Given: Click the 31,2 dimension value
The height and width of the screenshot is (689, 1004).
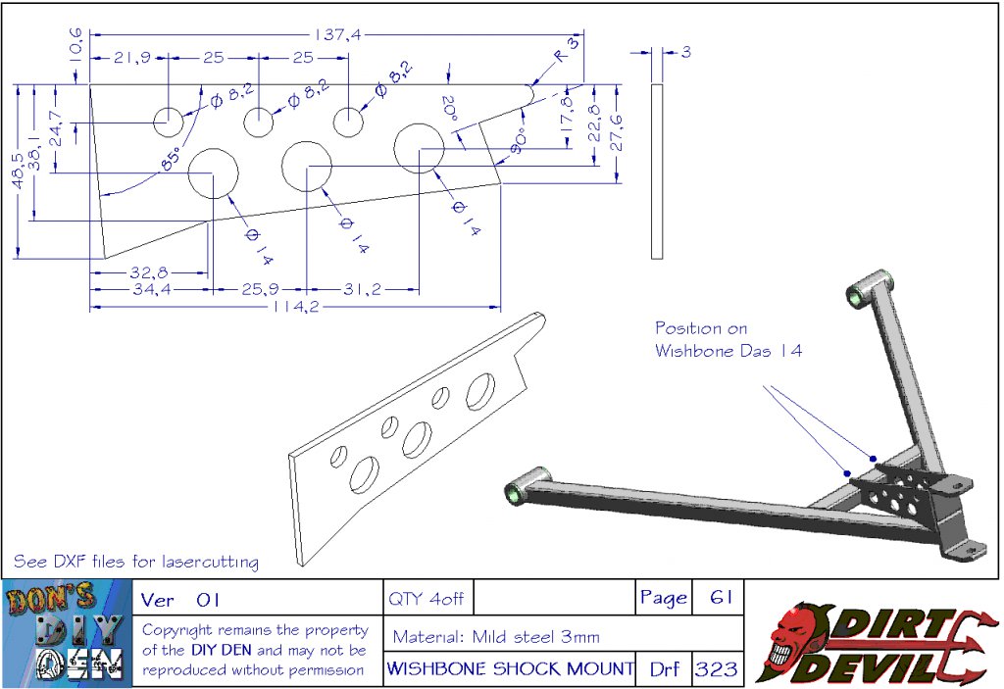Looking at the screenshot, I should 364,289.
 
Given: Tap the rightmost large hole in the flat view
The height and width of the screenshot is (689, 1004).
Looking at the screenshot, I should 421,149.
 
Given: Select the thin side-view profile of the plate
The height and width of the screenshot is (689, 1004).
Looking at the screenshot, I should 657,171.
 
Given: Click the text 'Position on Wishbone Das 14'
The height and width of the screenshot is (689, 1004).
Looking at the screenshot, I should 728,339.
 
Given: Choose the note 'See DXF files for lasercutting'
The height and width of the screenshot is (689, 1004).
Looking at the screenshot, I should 136,562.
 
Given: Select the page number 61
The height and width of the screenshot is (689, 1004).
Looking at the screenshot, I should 719,598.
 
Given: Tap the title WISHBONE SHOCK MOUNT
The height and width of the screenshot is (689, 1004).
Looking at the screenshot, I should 510,669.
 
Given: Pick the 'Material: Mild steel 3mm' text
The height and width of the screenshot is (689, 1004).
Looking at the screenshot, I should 496,636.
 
